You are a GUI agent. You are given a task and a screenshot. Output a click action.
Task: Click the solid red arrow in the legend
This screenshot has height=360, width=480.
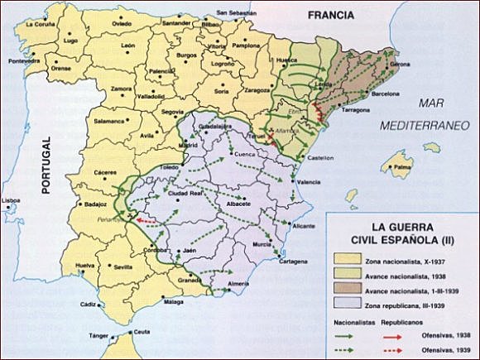pyautogui.click(x=401, y=337)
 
